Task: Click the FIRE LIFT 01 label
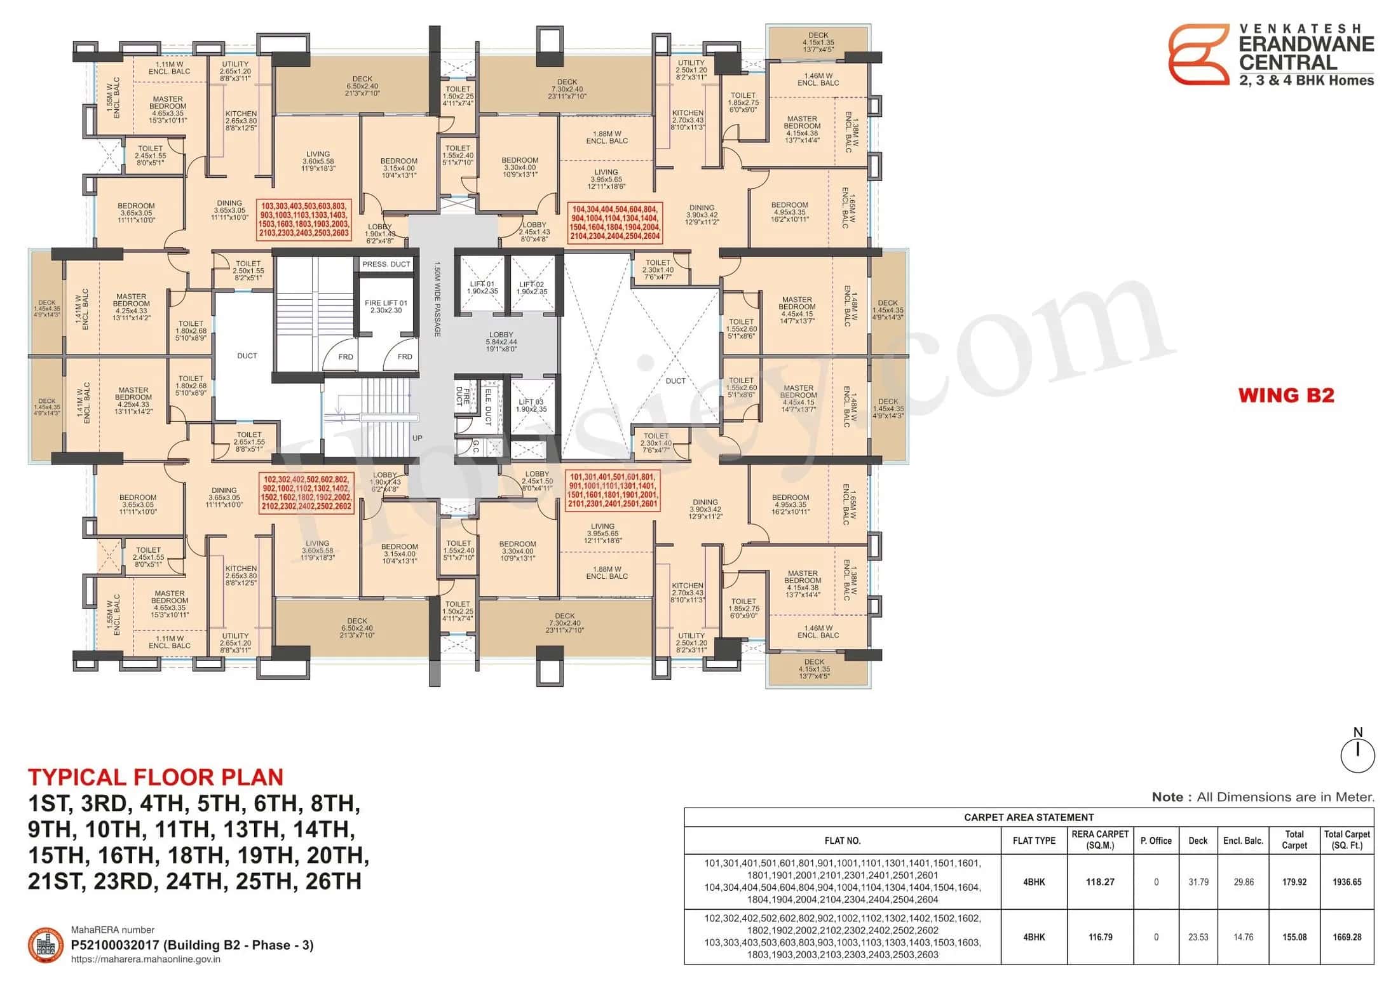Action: point(386,306)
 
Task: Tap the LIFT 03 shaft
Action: point(532,405)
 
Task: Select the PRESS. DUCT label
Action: point(386,264)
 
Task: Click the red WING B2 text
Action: point(1286,395)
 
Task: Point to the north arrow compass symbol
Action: point(1357,754)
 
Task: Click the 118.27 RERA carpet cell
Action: point(1100,882)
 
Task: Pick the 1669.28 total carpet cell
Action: point(1347,937)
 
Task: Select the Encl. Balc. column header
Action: point(1243,841)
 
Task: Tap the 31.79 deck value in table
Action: point(1198,882)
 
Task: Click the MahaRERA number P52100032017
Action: point(192,945)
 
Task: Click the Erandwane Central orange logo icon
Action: point(1198,55)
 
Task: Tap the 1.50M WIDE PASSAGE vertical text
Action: point(437,299)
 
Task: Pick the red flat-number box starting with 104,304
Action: point(616,222)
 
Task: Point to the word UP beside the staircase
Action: point(417,438)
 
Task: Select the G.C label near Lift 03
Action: point(475,447)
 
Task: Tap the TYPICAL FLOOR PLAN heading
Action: point(156,777)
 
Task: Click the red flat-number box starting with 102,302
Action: point(306,492)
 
